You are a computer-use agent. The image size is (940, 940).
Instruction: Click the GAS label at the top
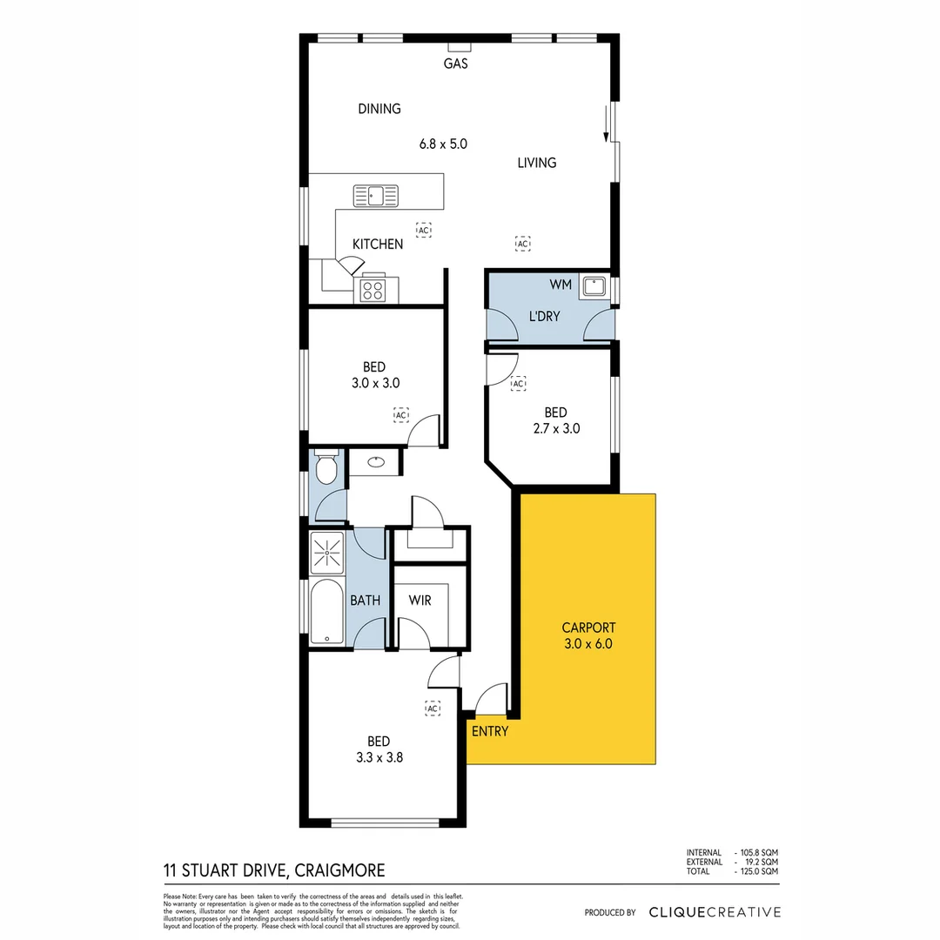[x=456, y=64]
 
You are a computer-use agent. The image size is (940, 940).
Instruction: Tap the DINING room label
[x=379, y=109]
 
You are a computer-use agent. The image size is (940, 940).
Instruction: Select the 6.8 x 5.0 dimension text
[x=443, y=144]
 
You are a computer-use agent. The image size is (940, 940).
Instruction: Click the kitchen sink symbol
[x=375, y=196]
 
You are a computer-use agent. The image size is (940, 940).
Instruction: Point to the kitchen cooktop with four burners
[x=373, y=289]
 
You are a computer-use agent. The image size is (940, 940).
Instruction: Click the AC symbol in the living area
[x=522, y=244]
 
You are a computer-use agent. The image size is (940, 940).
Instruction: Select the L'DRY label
[x=545, y=316]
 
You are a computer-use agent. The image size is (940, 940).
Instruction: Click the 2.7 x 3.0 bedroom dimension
[x=555, y=428]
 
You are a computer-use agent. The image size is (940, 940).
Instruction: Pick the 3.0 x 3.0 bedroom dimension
[x=374, y=382]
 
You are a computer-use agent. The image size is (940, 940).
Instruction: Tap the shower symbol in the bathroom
[x=328, y=550]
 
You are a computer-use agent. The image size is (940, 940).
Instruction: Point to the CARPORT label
[x=588, y=628]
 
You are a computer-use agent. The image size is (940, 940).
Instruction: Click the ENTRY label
[x=489, y=731]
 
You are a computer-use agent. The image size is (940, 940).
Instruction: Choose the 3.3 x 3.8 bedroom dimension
[x=379, y=757]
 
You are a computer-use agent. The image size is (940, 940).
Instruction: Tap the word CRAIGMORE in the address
[x=340, y=870]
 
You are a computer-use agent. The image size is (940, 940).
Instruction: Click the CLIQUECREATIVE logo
[x=715, y=912]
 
